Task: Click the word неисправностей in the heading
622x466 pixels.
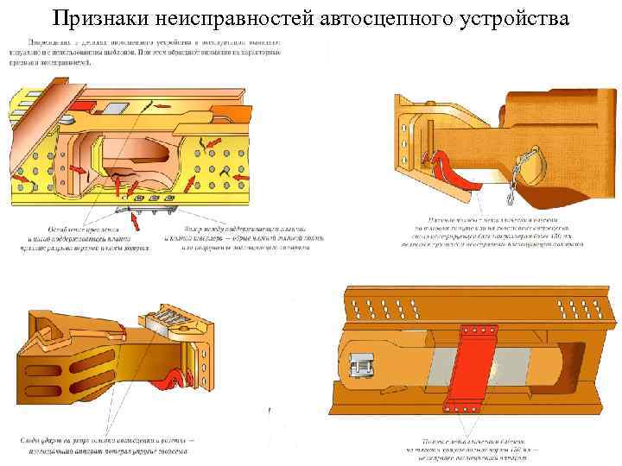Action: point(230,16)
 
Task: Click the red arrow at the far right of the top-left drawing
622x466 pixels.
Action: point(241,177)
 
